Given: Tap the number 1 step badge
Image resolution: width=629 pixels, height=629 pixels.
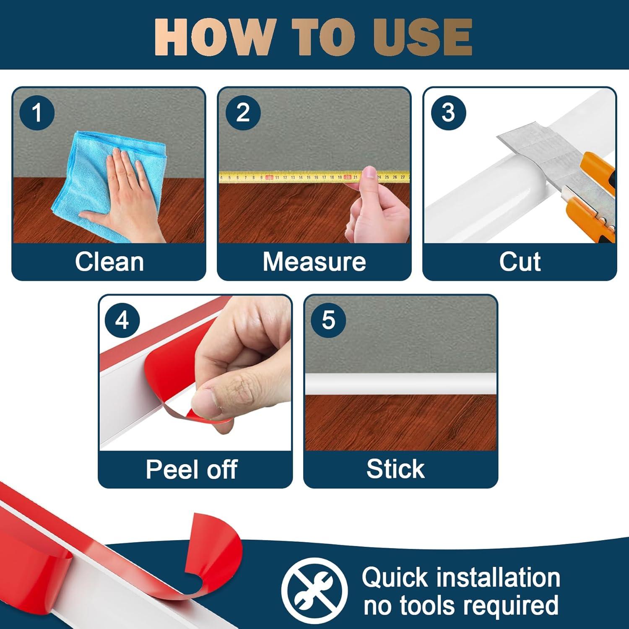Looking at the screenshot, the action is point(37,112).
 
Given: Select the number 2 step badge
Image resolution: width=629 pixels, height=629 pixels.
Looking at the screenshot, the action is point(243,112).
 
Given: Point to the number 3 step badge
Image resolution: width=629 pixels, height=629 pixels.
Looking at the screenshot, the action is point(448,112).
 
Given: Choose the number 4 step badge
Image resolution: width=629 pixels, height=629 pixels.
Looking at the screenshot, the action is point(122,320).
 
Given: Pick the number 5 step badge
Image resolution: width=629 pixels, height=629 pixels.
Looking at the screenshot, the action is point(328,320).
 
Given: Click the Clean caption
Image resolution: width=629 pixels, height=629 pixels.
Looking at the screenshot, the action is point(109,262).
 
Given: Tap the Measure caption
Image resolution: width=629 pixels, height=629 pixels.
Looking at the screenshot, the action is point(314,262).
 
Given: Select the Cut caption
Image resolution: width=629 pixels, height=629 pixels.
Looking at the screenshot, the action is point(520,262).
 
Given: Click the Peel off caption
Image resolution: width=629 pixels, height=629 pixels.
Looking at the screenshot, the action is point(192,469).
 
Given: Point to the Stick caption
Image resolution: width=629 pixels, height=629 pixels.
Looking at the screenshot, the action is point(395,469).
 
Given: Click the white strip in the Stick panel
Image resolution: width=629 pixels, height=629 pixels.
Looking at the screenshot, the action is point(400,384).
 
